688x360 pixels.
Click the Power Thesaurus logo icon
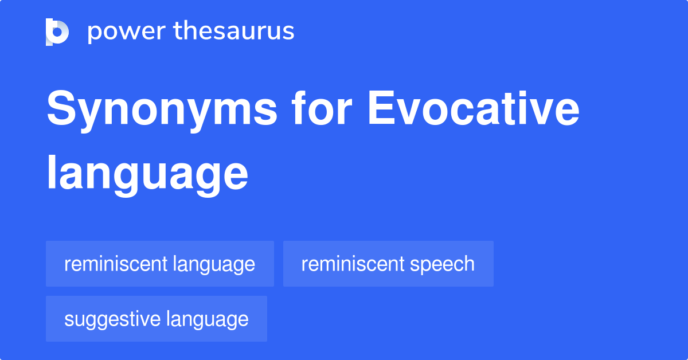57,32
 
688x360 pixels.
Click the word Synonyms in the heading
162,111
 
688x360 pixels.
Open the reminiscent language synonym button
160,264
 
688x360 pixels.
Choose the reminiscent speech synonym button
388,264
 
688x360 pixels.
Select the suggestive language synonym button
157,319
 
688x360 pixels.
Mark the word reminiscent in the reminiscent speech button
353,264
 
